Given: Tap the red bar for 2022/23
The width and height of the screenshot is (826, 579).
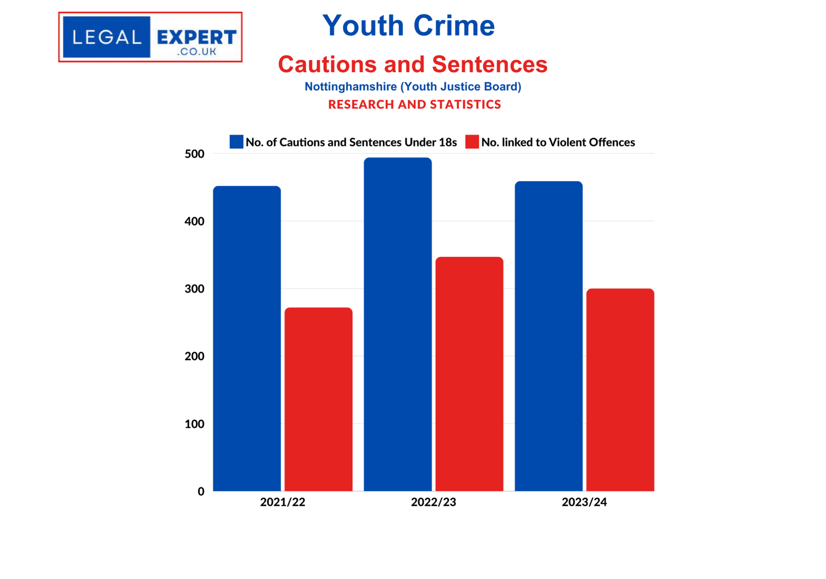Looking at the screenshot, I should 469,373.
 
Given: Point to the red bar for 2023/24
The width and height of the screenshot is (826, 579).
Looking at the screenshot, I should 620,390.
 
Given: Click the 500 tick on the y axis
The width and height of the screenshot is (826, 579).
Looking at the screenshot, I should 194,154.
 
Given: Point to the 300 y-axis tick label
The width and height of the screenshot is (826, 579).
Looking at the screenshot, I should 194,289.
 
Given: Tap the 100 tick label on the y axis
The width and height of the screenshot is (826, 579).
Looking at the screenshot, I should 194,424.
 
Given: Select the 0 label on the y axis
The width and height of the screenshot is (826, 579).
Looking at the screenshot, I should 201,491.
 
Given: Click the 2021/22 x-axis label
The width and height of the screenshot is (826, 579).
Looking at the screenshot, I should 282,502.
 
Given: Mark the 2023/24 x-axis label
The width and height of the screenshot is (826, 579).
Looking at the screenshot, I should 584,502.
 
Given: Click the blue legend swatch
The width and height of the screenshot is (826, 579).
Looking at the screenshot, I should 236,142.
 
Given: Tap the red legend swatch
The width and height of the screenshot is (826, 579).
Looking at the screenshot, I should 472,142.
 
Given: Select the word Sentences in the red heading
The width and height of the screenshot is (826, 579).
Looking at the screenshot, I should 490,64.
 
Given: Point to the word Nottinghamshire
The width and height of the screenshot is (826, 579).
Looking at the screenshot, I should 350,86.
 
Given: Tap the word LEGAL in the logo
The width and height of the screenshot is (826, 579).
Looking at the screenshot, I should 107,38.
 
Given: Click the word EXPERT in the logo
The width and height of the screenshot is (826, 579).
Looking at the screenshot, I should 196,38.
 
